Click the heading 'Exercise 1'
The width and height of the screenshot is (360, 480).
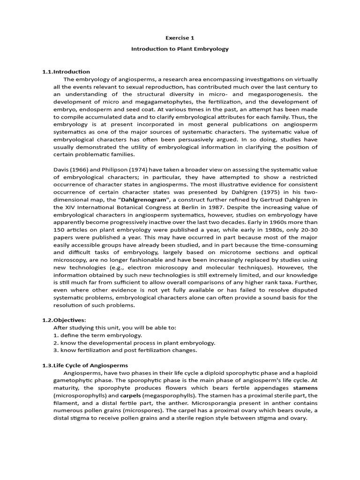coord(180,37)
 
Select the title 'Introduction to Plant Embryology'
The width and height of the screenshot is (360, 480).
coord(180,49)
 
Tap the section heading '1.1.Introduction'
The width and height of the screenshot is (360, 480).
coord(66,72)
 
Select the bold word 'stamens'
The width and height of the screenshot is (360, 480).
coord(305,388)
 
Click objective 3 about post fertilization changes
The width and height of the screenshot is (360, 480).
coord(125,350)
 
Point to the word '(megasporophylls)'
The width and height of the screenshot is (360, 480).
coord(166,396)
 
